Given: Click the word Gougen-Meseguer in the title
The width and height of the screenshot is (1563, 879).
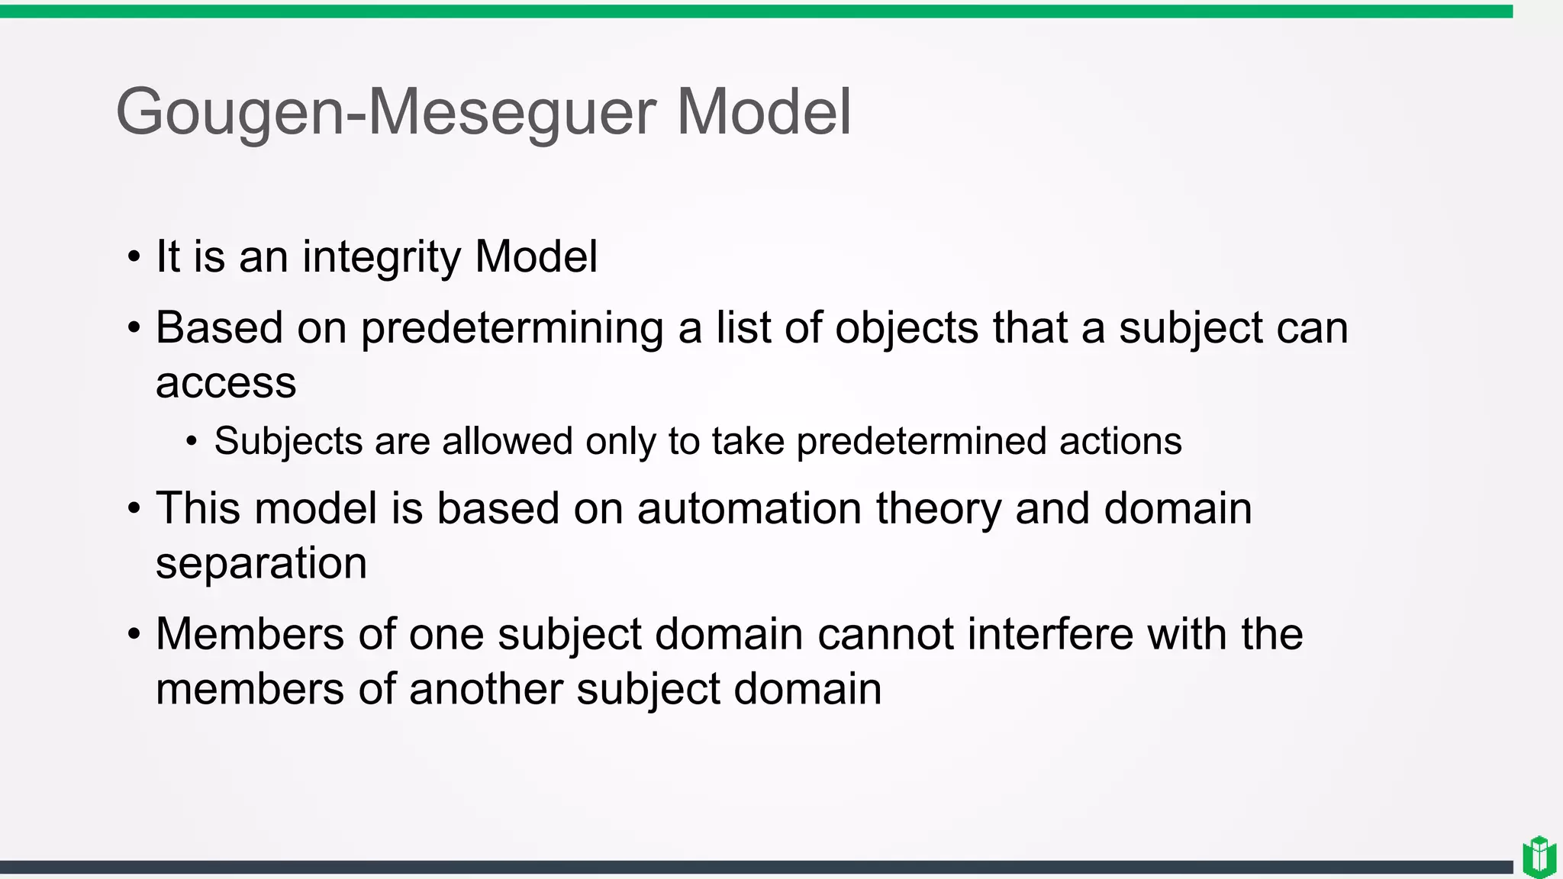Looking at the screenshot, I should (x=385, y=113).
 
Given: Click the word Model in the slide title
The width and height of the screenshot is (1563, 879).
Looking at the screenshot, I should (x=764, y=111).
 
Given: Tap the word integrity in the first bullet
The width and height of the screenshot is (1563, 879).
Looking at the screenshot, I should (x=382, y=257).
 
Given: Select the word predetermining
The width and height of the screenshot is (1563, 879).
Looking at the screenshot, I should (x=512, y=329).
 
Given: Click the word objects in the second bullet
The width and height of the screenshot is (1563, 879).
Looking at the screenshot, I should (x=907, y=328).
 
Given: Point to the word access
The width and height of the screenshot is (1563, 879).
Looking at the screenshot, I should (x=226, y=383).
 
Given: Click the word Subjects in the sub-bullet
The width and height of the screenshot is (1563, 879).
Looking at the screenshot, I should (x=288, y=442).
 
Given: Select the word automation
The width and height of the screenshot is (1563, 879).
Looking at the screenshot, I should (x=749, y=509).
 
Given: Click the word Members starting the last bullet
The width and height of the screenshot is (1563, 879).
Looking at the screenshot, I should (x=250, y=634).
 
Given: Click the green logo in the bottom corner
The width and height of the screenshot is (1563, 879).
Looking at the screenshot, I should (x=1539, y=857).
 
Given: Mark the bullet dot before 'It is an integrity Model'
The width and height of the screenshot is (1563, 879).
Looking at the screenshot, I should (x=134, y=258).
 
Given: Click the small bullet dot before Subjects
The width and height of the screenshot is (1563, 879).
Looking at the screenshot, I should (x=192, y=442).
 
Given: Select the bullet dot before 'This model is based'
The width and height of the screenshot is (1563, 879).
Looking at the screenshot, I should (x=134, y=509).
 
